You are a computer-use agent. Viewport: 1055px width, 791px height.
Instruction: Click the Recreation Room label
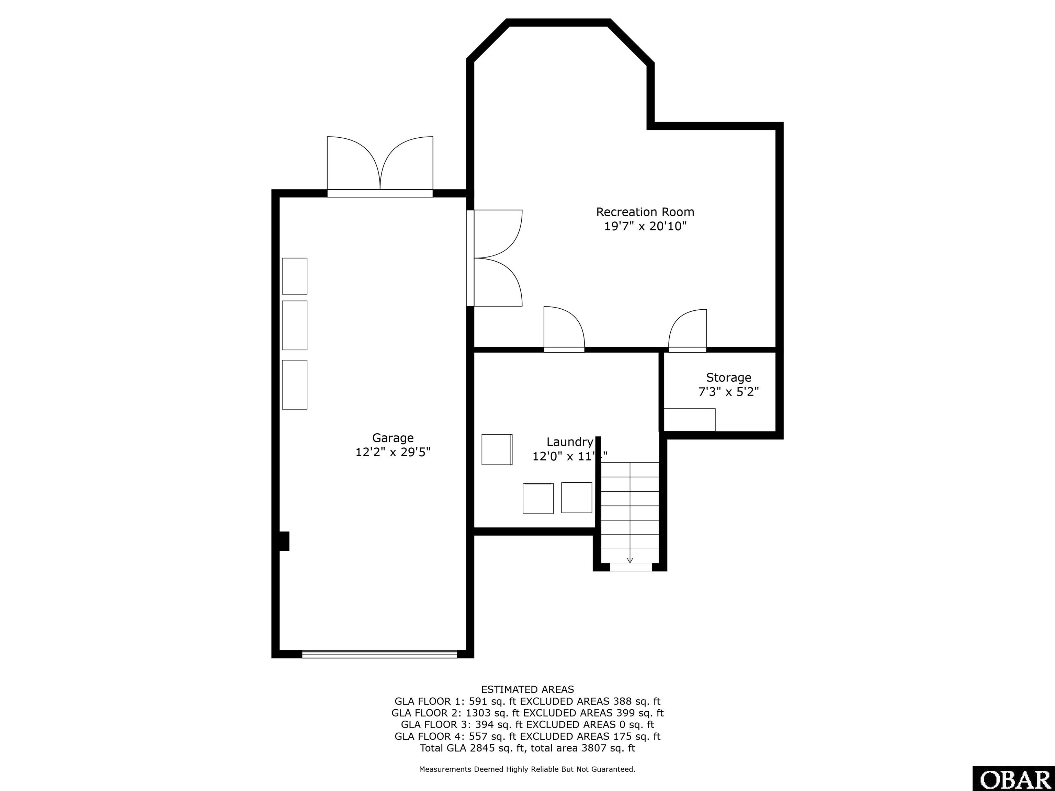[x=645, y=212]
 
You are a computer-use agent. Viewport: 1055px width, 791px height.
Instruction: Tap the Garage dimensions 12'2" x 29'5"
[x=393, y=452]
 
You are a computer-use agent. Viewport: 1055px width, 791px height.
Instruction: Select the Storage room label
[x=728, y=378]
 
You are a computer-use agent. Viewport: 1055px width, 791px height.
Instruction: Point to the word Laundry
[x=569, y=442]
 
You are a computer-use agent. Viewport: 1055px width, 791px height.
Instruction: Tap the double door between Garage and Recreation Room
[x=496, y=258]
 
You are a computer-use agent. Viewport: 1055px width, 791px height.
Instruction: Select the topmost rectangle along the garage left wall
[x=294, y=276]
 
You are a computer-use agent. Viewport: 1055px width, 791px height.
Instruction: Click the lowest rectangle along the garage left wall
[x=294, y=385]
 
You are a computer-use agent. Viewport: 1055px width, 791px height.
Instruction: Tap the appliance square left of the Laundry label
[x=497, y=449]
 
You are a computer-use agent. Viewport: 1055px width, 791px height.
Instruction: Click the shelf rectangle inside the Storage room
[x=690, y=420]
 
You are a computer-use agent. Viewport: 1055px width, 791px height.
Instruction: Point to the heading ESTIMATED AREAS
[x=527, y=689]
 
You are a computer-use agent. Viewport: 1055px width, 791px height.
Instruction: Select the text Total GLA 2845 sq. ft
[x=473, y=748]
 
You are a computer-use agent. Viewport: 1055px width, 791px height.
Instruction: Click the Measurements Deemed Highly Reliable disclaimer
[x=527, y=769]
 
